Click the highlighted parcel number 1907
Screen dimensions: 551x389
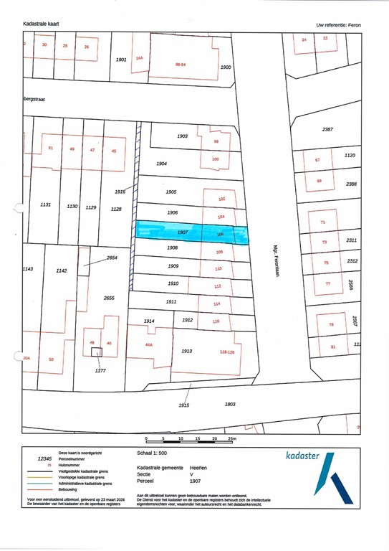pos(183,232)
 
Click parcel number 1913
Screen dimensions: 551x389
pos(187,352)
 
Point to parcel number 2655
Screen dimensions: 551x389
pos(109,297)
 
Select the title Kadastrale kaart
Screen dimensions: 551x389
pos(41,24)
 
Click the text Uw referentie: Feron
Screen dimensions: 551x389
pos(339,24)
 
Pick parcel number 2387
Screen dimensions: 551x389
pos(328,129)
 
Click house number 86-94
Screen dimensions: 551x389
pos(181,64)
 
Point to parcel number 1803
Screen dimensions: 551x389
pos(230,404)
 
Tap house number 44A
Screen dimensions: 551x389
pos(149,345)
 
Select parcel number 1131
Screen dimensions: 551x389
pos(45,204)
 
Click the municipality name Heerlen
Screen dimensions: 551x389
pos(198,467)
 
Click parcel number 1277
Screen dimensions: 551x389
pos(100,371)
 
